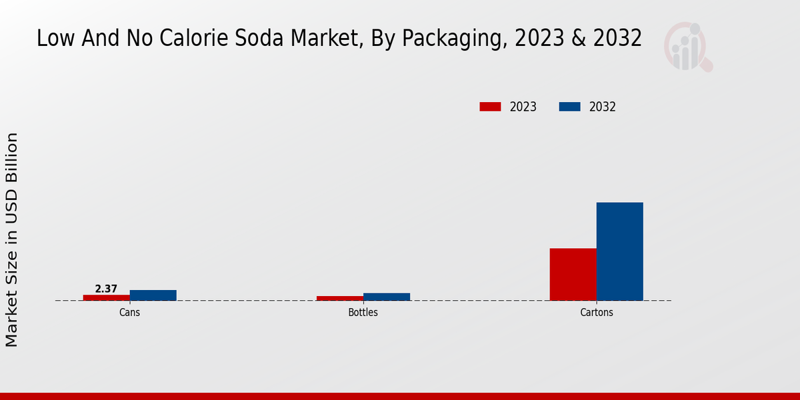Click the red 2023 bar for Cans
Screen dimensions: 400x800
(106, 297)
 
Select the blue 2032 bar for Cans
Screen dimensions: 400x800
(153, 295)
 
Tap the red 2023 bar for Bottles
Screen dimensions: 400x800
(339, 298)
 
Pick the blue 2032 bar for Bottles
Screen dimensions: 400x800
(386, 297)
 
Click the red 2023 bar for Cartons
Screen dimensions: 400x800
(573, 274)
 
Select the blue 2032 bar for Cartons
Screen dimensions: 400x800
(619, 251)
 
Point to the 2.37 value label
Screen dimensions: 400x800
(106, 289)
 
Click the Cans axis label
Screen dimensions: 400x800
(129, 312)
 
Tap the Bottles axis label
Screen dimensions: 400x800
(363, 312)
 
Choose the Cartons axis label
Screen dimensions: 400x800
(596, 312)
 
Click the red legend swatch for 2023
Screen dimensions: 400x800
(490, 107)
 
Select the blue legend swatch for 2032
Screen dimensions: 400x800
(569, 107)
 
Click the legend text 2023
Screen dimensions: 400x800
(523, 107)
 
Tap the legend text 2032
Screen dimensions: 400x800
(603, 107)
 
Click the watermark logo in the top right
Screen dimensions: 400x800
(688, 47)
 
